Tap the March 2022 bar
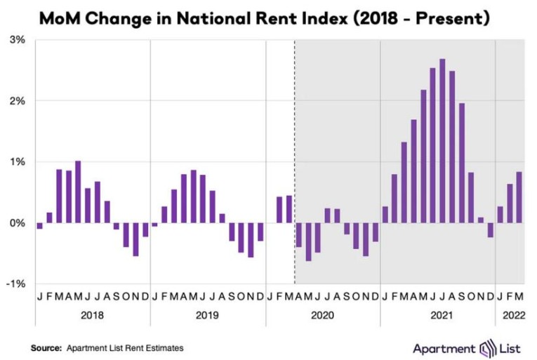(x=518, y=197)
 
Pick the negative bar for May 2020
(x=307, y=241)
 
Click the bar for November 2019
(x=251, y=239)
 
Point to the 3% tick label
(x=17, y=40)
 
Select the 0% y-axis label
(x=17, y=222)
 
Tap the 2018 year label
(x=92, y=315)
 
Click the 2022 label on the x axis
(x=509, y=315)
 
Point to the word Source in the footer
(x=46, y=347)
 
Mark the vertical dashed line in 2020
(x=294, y=161)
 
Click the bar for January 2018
(x=40, y=225)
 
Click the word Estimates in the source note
(x=168, y=347)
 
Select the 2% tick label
(x=17, y=100)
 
